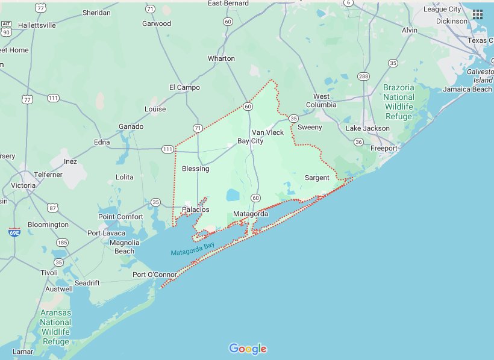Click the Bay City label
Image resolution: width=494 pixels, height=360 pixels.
pos(250,141)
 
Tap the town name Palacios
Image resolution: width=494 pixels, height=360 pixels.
pos(196,209)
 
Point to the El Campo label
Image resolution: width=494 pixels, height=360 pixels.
pos(184,87)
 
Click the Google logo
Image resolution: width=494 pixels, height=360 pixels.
pos(248,349)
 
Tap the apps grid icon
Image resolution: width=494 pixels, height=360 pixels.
pos(478,14)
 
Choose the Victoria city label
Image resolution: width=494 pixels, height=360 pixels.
pos(23,185)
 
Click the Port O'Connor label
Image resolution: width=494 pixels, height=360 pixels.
pos(155,275)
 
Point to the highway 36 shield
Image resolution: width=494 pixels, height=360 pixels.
pos(358,142)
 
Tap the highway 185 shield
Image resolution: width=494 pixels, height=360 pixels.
pos(62,243)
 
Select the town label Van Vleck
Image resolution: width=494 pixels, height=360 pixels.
pos(267,132)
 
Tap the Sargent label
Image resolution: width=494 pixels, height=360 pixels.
pos(317,178)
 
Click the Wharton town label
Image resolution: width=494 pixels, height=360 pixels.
pos(221,58)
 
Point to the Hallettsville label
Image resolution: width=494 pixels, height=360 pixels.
pos(37,25)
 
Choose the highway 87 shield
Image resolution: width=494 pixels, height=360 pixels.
pos(53,208)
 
